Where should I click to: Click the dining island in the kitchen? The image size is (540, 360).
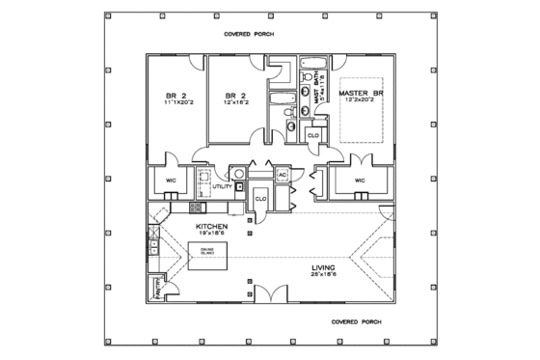click(x=208, y=256)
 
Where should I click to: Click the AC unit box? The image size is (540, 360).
click(x=283, y=175)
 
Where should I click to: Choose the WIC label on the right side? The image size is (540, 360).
click(x=360, y=180)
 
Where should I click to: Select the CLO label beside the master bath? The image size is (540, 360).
click(x=313, y=135)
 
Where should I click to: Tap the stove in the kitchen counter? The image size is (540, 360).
click(x=195, y=207)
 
